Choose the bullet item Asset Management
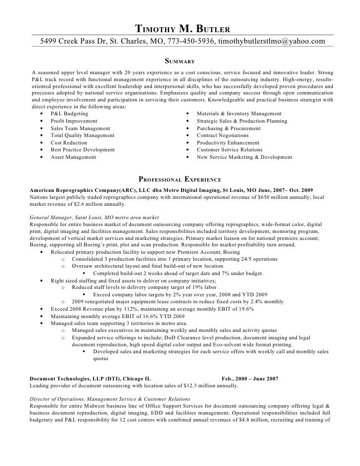(x=73, y=157)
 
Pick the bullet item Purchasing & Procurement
(x=228, y=128)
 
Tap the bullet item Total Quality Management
(x=82, y=136)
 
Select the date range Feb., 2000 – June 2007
(x=250, y=378)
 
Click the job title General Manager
(x=51, y=217)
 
